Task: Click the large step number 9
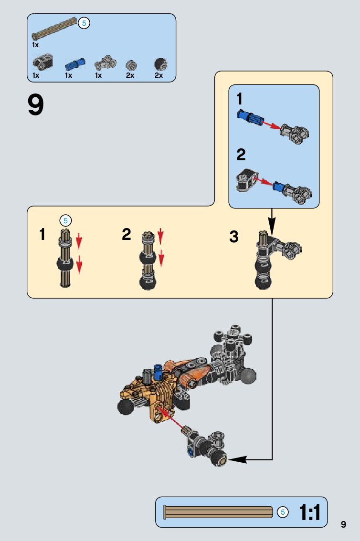(35, 105)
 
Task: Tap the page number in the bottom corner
(343, 524)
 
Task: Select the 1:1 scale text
(309, 512)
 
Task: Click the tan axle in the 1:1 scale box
(218, 512)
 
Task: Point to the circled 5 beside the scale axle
(283, 512)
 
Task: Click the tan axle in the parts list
(54, 28)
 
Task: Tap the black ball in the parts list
(160, 64)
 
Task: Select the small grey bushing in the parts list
(131, 65)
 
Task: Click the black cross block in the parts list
(42, 62)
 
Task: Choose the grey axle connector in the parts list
(105, 63)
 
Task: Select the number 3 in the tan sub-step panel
(233, 237)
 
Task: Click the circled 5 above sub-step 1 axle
(65, 220)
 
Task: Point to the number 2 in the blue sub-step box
(241, 154)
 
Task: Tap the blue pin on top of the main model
(159, 372)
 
